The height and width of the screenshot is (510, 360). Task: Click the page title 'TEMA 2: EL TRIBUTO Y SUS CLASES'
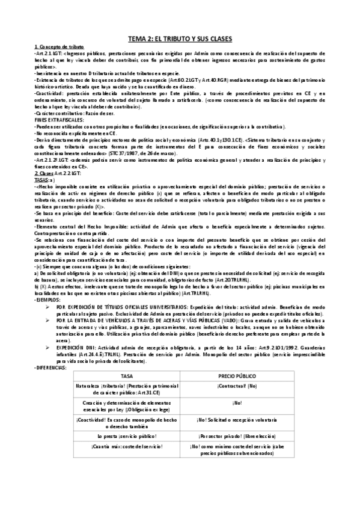click(x=180, y=38)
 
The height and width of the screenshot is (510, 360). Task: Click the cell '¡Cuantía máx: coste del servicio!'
click(x=127, y=446)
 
